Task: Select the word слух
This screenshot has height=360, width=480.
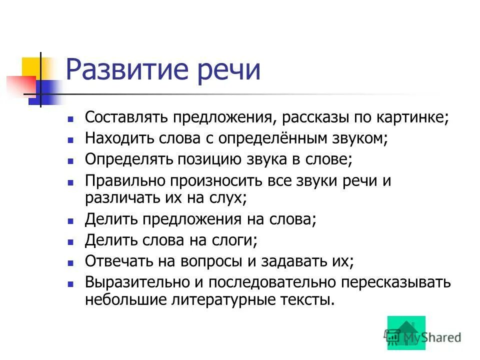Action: pos(229,197)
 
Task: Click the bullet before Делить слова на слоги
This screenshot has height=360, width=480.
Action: pos(71,241)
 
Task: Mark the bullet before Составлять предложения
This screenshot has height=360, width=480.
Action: pos(71,118)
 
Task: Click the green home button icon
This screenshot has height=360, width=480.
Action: pos(405,332)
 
